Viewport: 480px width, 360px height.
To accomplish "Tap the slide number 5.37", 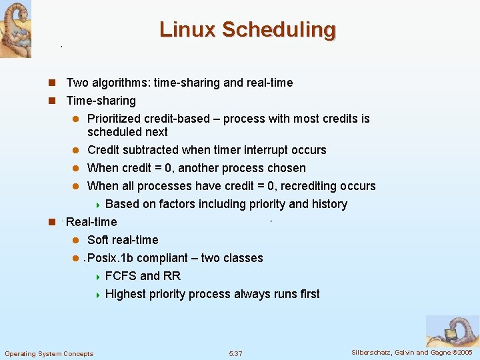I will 235,353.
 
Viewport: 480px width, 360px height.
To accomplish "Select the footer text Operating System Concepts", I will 49,353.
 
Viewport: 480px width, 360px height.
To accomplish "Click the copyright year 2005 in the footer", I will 465,352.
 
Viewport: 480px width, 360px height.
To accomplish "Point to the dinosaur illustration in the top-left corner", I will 15,28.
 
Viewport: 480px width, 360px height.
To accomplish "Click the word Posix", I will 102,258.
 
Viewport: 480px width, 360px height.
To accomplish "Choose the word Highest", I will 128,294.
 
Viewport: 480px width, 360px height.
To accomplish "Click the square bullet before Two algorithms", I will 51,83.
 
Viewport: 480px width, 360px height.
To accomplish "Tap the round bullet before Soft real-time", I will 76,241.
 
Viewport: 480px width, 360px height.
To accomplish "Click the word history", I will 330,204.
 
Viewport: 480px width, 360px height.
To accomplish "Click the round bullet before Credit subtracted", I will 76,151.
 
